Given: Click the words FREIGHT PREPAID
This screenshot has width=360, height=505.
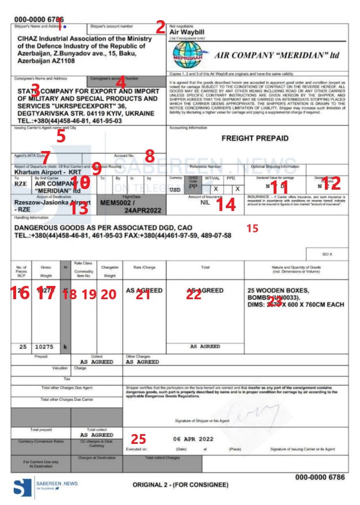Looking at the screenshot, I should pos(255,138).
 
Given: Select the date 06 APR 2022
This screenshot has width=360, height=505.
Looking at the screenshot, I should pos(193,439).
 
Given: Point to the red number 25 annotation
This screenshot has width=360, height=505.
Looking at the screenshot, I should pos(138,439).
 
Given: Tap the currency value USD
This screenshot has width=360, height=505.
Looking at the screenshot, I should pos(176,190).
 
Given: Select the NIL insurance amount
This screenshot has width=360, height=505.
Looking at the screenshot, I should pos(204,203).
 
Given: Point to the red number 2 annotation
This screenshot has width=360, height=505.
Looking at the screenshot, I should pos(160,27).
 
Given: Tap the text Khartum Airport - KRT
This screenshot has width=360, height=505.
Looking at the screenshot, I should pos(41,172).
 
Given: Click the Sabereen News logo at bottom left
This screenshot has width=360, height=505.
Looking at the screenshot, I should pos(23,488).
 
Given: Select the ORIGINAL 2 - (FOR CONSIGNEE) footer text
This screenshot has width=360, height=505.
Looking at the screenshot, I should pos(183,485).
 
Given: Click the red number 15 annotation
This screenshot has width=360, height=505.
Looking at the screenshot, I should pos(252,228).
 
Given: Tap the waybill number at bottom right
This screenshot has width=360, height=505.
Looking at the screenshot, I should pos(320,477).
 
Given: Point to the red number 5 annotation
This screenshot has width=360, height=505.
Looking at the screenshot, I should pos(60,136).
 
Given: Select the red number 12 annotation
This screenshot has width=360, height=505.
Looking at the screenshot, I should pos(331,184).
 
